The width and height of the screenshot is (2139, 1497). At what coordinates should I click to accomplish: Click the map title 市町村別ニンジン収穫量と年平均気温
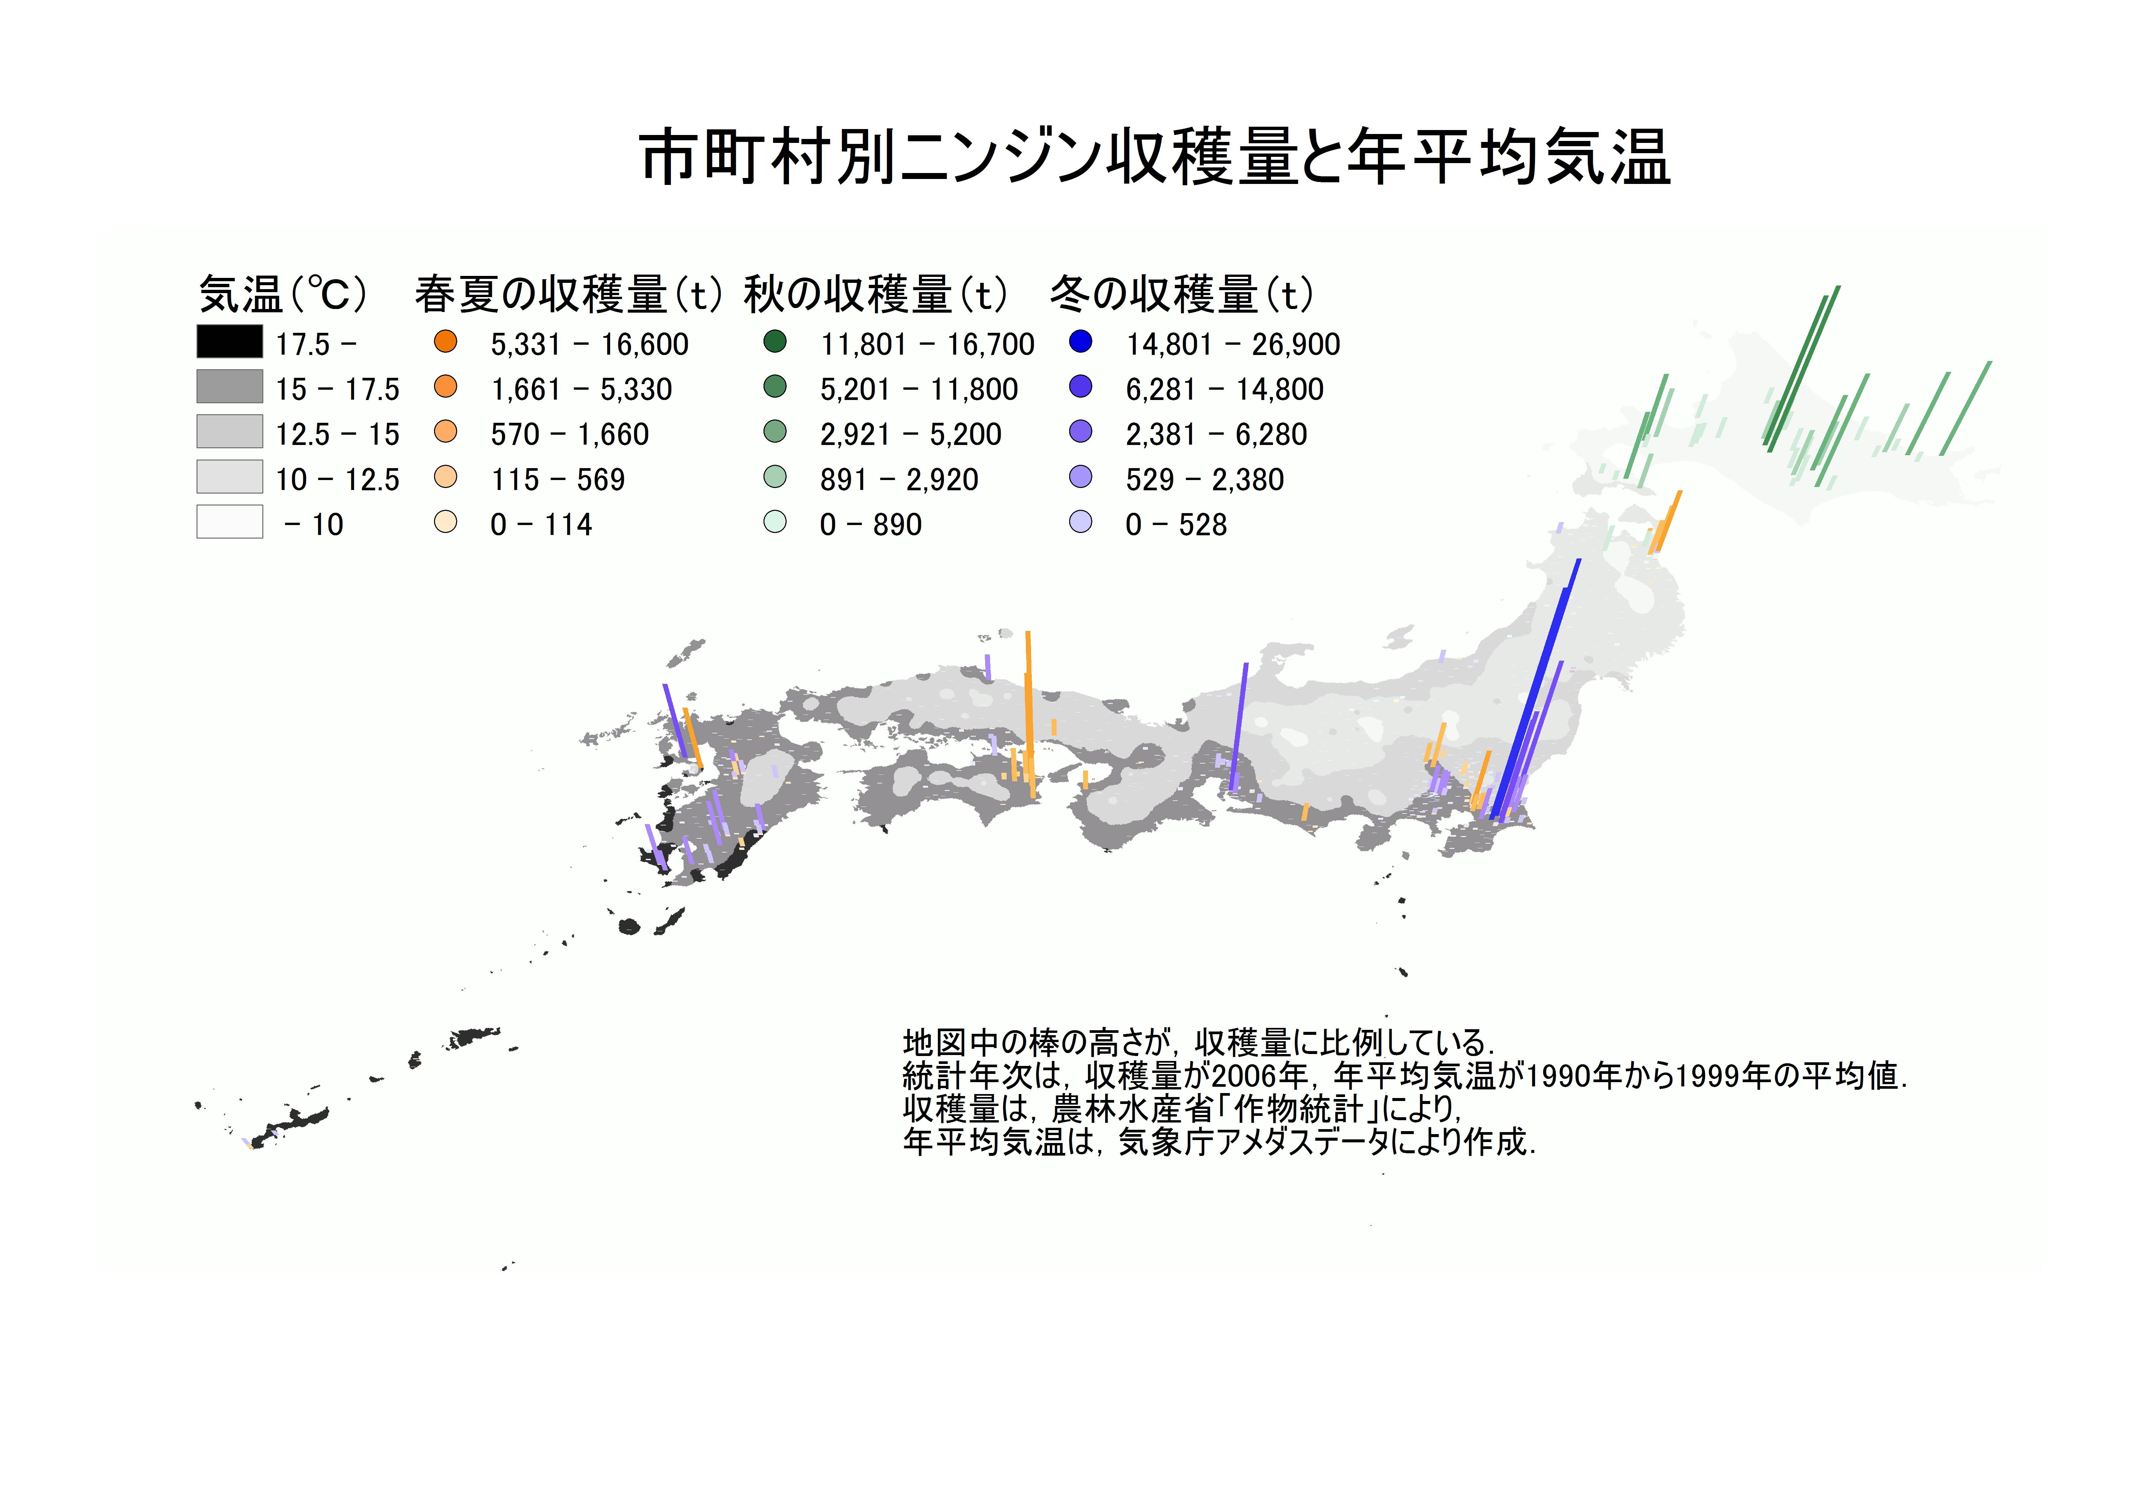coord(1155,156)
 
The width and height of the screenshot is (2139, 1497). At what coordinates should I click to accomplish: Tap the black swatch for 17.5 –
coord(229,342)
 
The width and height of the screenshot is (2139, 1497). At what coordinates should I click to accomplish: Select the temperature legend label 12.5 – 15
coord(337,434)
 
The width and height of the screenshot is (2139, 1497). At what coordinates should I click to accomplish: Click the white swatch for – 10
coord(229,522)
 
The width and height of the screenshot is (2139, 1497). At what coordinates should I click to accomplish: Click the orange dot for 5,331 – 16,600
coord(446,342)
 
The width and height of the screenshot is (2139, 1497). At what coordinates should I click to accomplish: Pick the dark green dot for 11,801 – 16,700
coord(775,342)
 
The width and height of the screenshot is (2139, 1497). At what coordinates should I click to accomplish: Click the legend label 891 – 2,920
coord(899,480)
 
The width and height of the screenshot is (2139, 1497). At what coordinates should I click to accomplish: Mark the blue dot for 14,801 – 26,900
coord(1081,342)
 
